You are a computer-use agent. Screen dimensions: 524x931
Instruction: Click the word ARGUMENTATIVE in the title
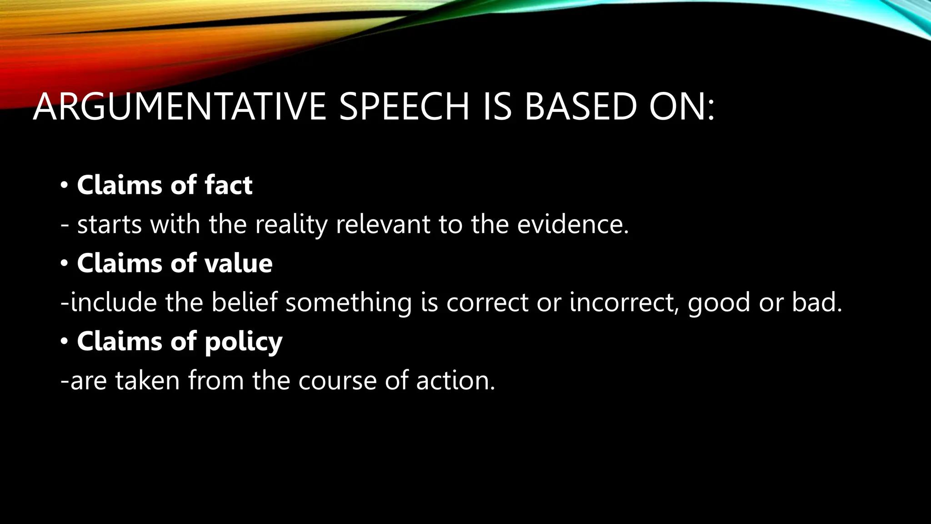(180, 107)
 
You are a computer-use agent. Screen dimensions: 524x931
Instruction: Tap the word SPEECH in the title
(404, 107)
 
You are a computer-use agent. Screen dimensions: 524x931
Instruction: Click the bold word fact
(228, 185)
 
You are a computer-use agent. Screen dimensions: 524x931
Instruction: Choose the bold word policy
(243, 342)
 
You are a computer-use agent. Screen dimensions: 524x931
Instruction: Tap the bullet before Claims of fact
(64, 186)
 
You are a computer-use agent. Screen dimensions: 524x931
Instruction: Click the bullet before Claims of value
(64, 264)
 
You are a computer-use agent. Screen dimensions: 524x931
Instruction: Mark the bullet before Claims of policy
(64, 342)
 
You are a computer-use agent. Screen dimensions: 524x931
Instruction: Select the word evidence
(573, 225)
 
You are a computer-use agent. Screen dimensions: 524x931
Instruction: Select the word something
(348, 303)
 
